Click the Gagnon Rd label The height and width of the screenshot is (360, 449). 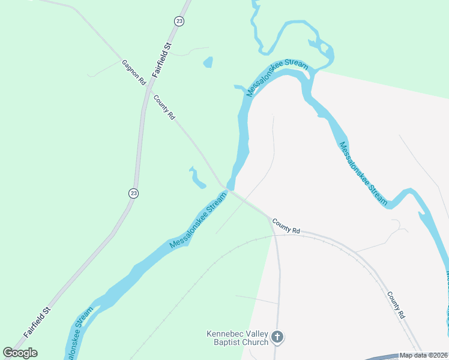coord(134,71)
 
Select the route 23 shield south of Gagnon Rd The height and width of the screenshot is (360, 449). coord(133,193)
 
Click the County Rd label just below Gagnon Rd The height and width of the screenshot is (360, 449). coord(164,107)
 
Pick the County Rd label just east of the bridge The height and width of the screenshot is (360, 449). coord(286,226)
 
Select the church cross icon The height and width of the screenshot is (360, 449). coord(277,337)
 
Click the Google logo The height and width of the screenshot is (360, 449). coord(20,353)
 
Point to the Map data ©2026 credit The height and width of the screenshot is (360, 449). coord(423,355)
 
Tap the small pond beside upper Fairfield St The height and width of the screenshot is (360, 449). coord(208,62)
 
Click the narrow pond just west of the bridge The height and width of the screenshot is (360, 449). coord(197,178)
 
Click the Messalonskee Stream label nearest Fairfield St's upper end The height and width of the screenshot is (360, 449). coord(277,78)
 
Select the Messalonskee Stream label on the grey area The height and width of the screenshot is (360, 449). coord(363,173)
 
